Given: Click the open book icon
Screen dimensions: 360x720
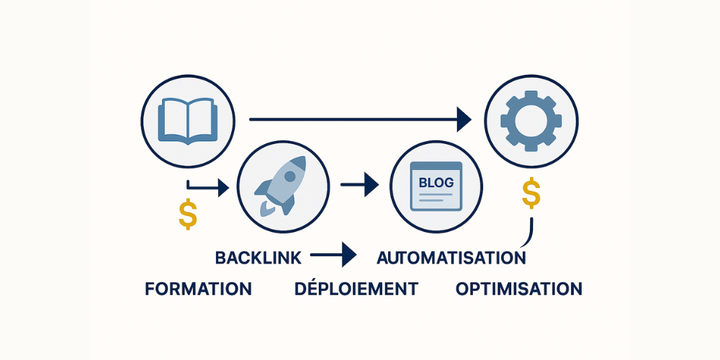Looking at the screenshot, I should [187, 120].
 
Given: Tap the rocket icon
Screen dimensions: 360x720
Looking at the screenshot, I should [279, 185].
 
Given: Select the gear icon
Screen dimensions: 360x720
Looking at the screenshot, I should [530, 120].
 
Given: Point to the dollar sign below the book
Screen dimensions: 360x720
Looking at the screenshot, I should [187, 214].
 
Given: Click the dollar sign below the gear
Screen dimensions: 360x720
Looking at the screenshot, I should [531, 193].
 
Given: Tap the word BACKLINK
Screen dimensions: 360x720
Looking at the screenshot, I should [258, 257].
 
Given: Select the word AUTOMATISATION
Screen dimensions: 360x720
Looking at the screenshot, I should [451, 257].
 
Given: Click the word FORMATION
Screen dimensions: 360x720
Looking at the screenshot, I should [199, 289].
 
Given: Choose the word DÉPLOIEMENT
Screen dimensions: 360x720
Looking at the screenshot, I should [356, 289].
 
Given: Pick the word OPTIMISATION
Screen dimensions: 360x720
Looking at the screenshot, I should [519, 289].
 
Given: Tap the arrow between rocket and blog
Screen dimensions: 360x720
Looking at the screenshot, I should [359, 185].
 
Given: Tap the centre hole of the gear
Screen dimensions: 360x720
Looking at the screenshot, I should [530, 120].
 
